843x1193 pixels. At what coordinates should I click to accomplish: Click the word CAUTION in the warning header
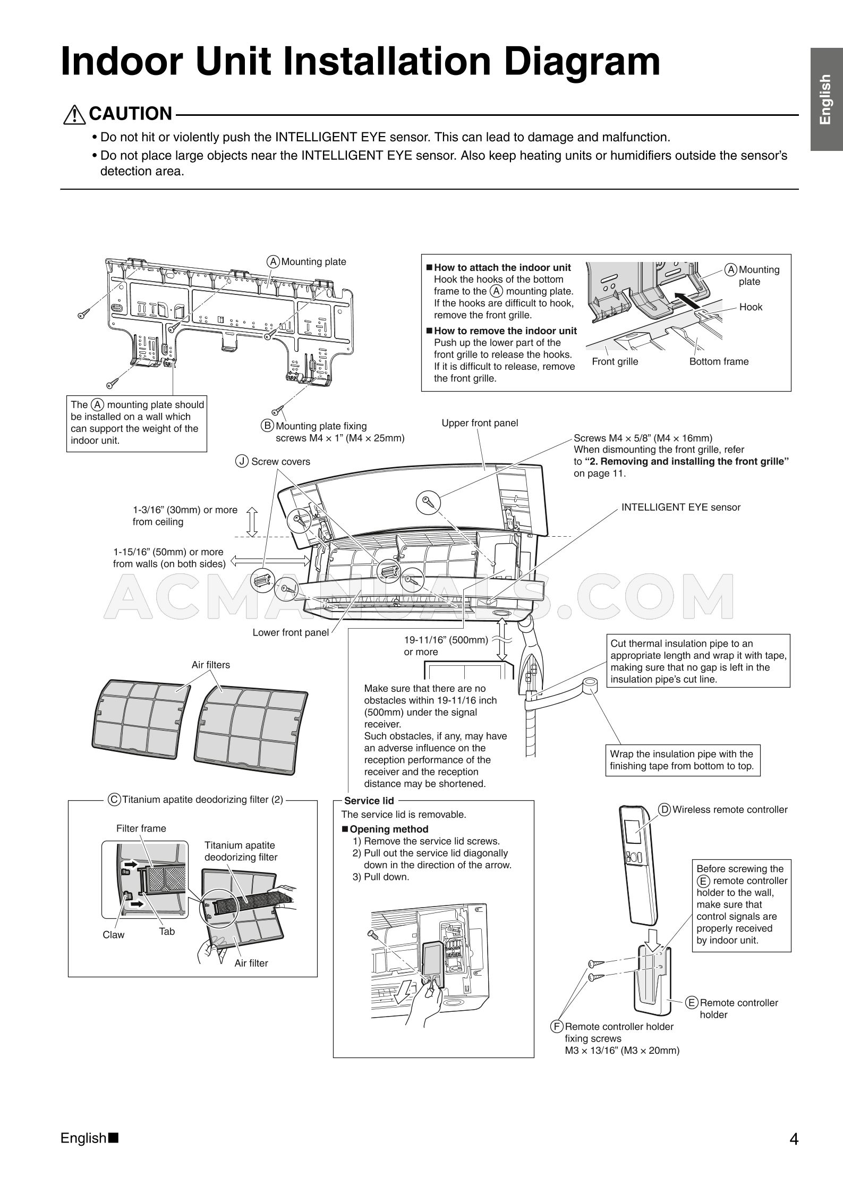(131, 114)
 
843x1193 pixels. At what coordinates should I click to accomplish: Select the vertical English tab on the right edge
(825, 99)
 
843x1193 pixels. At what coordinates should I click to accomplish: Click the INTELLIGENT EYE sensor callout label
(680, 507)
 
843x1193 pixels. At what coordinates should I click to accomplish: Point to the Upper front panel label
(480, 423)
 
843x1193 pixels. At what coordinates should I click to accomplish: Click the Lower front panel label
(291, 632)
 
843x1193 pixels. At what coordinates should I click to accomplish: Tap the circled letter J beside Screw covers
(242, 462)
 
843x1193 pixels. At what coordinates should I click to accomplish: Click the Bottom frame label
(719, 361)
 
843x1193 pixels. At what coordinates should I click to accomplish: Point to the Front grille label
(615, 361)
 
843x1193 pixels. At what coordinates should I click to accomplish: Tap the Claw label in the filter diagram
(113, 935)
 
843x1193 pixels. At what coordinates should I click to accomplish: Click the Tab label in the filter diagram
(167, 932)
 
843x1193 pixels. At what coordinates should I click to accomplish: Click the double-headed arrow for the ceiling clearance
(252, 521)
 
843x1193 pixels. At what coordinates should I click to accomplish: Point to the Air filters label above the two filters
(211, 665)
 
